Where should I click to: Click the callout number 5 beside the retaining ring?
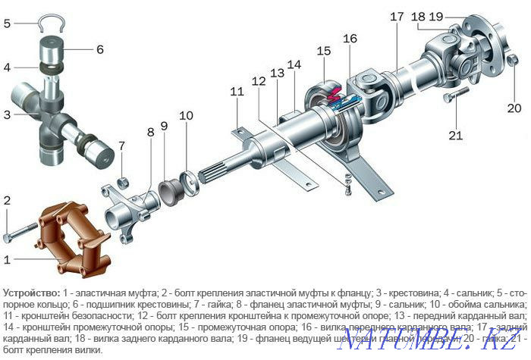[8, 23]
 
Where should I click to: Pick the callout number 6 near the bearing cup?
[99, 50]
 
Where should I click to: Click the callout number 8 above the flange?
[150, 132]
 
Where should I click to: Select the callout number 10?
[186, 116]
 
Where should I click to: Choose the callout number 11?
[237, 92]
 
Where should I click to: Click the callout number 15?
[325, 52]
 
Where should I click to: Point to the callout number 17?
[397, 16]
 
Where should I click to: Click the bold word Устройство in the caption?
[30, 292]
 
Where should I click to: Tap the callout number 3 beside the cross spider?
[8, 114]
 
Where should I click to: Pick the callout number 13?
[278, 73]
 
